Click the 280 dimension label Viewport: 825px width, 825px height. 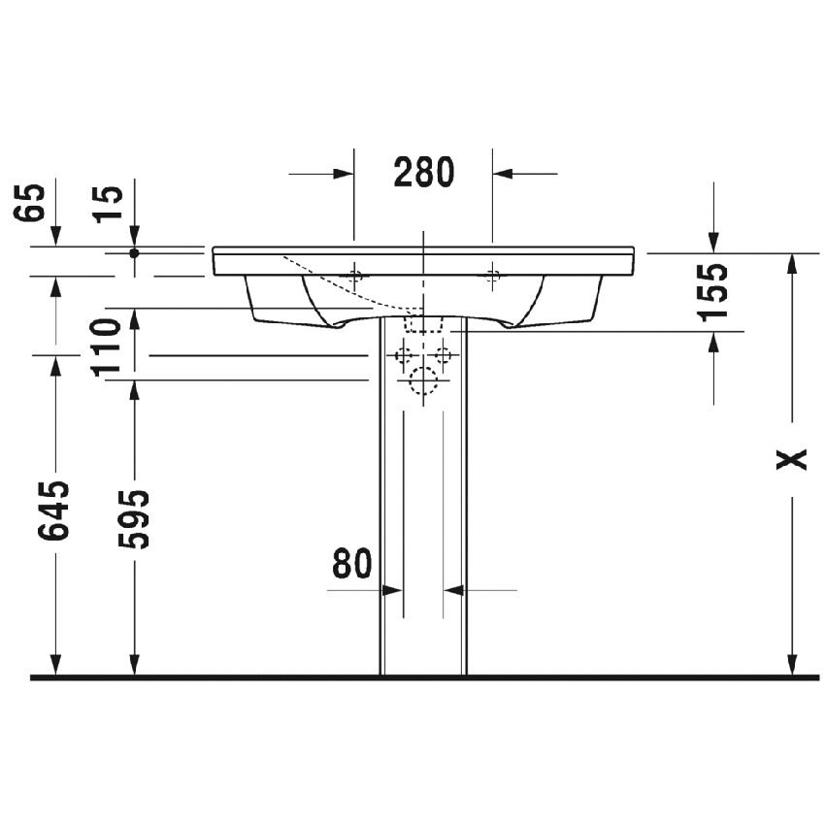coord(424,173)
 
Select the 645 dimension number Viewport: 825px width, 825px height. coord(56,510)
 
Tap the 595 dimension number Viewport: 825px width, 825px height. coord(135,518)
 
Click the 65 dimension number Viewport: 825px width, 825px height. coord(32,203)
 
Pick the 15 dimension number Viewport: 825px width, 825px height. coord(111,203)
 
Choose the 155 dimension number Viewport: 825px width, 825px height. coord(713,291)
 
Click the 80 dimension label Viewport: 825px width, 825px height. coord(352,563)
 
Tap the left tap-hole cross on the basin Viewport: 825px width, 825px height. coord(355,275)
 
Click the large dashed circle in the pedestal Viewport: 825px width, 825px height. coord(424,383)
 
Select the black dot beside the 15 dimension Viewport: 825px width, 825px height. coord(135,252)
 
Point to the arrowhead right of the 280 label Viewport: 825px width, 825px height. coord(504,174)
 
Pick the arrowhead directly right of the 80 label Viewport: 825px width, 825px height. coord(393,589)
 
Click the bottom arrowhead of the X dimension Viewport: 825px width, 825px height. coord(793,665)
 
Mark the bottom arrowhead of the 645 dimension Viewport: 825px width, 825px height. coord(56,665)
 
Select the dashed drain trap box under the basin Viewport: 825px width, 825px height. coord(424,323)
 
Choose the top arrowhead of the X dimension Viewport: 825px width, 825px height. coord(793,262)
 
